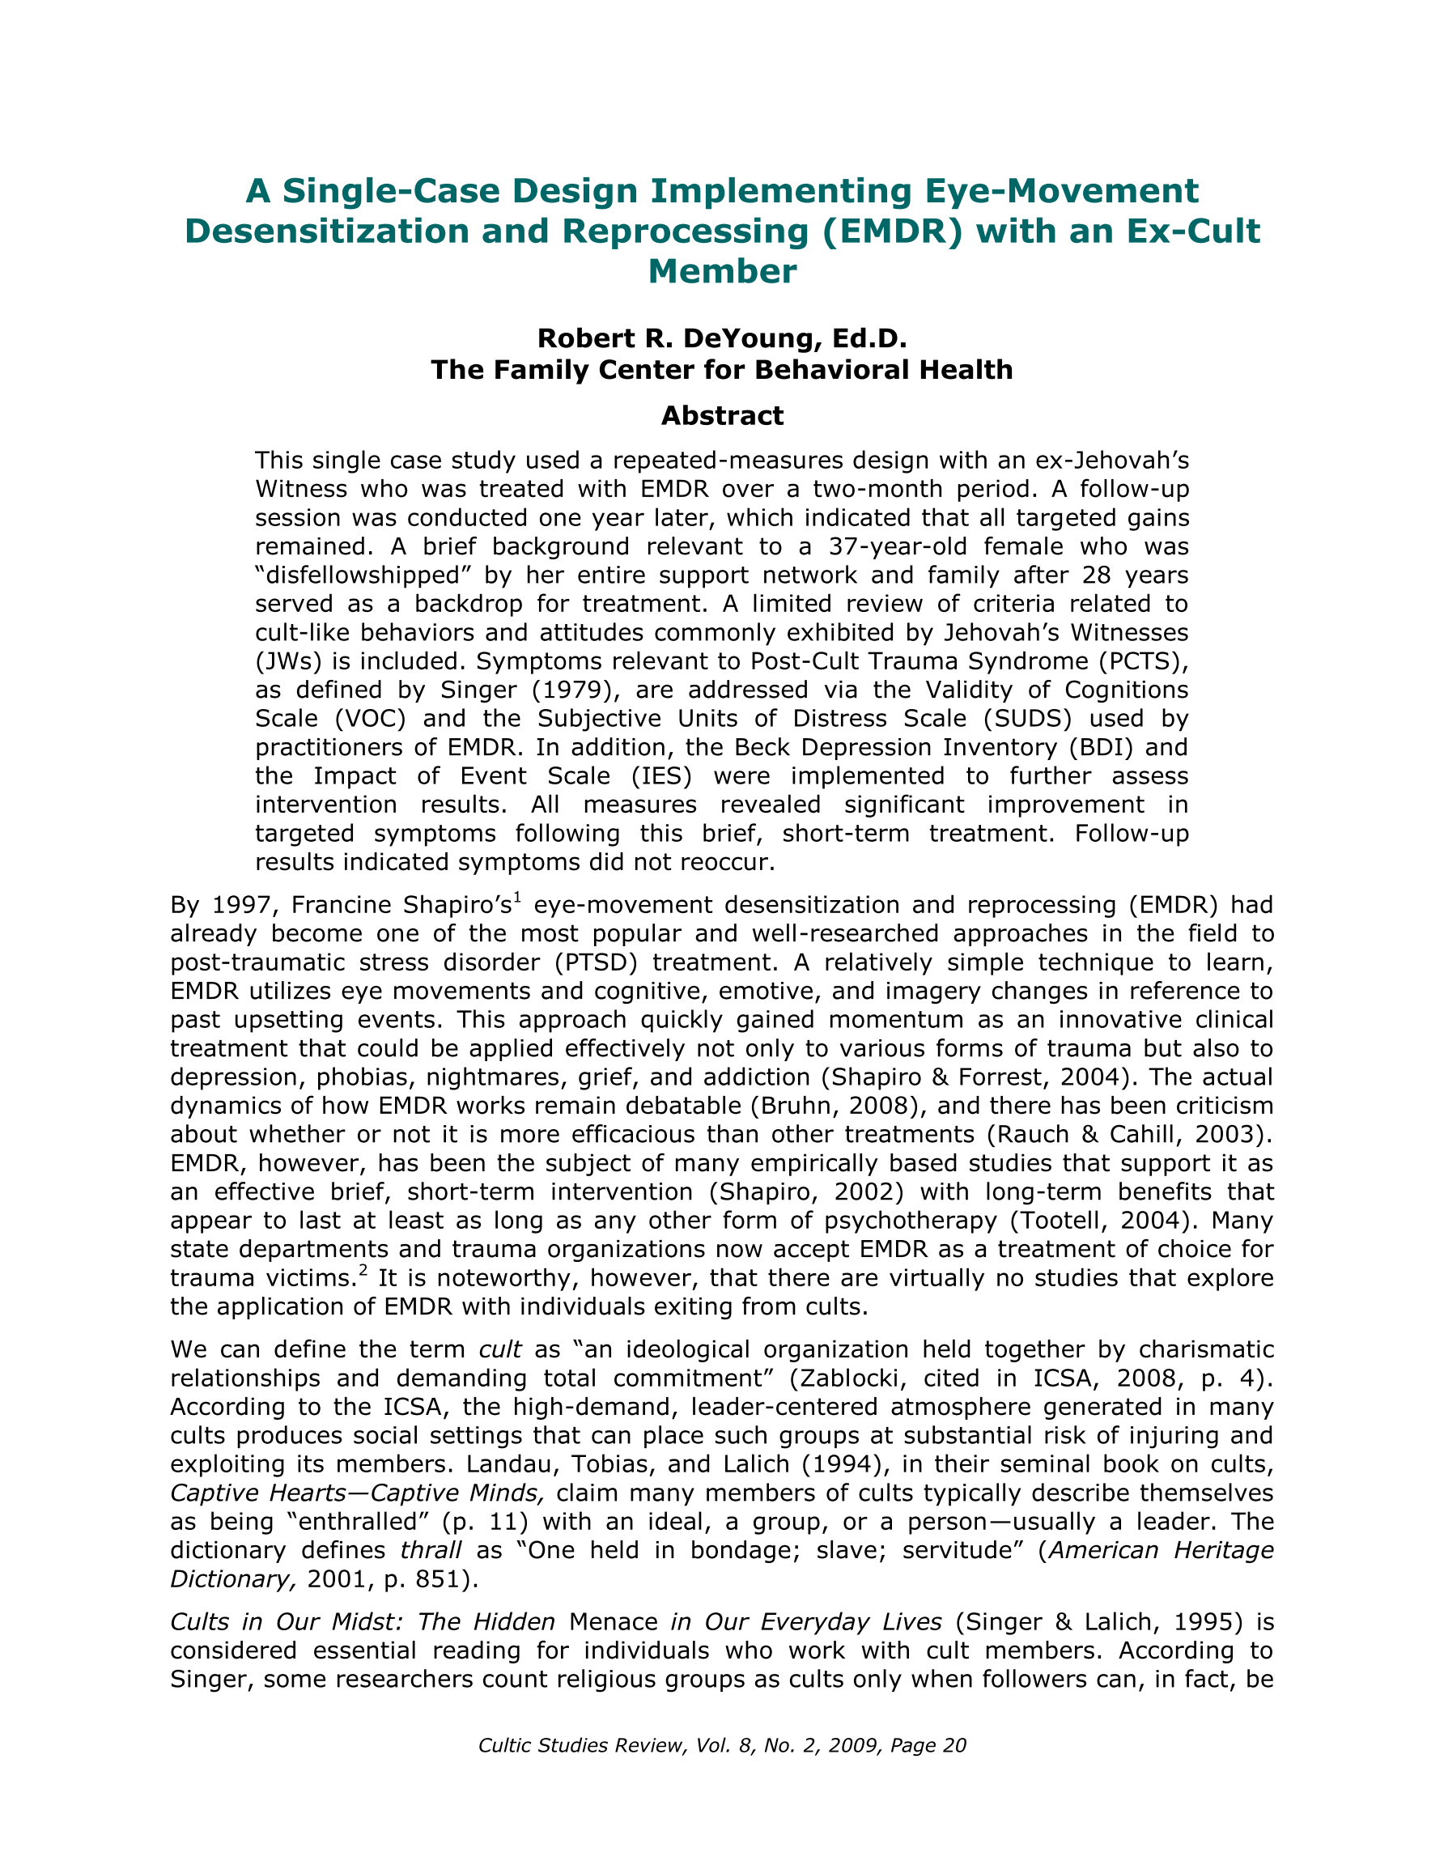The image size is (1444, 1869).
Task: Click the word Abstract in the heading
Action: (x=721, y=416)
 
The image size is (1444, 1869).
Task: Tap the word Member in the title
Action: (x=723, y=271)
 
